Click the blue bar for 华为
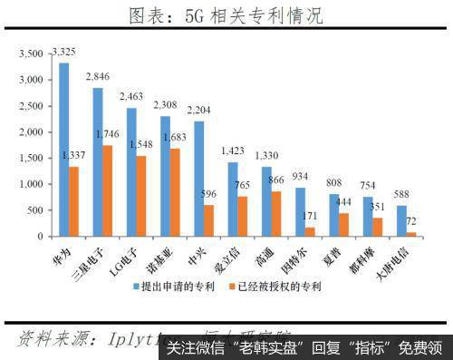64,150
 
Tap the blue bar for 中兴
198,178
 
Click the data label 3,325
64,54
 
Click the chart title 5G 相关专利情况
226,15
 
